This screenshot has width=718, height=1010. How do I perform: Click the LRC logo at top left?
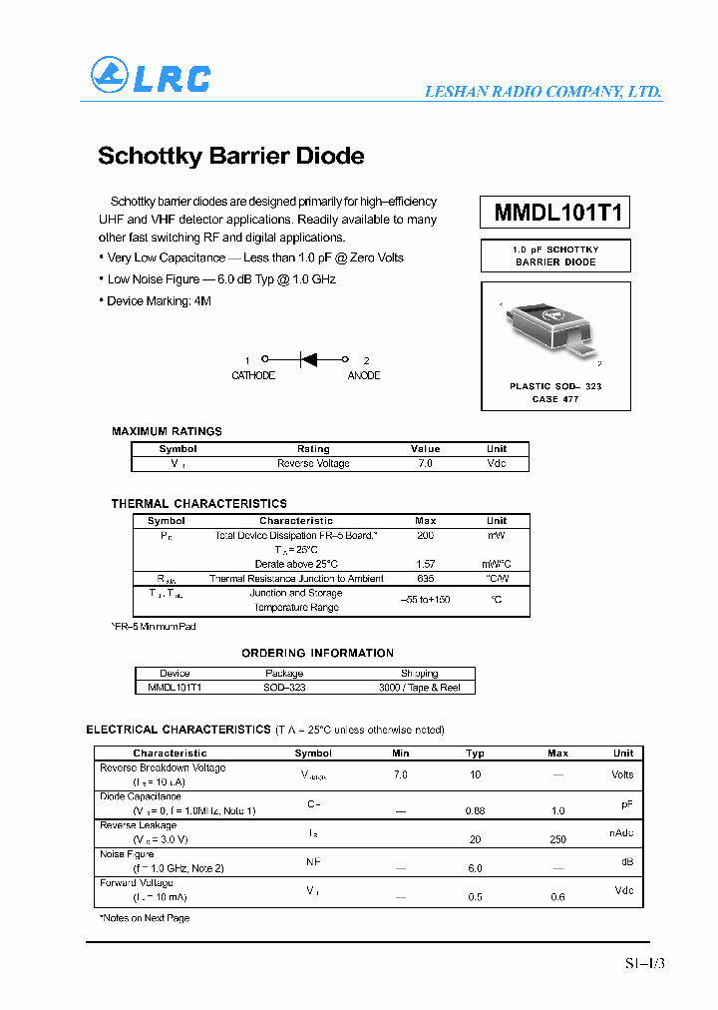coord(151,76)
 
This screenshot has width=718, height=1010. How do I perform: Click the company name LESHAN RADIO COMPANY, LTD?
coord(542,91)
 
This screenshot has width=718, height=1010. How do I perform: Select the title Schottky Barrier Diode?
coord(230,157)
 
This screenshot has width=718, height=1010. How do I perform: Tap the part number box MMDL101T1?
coord(555,214)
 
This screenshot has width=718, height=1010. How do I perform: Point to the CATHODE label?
coord(253,376)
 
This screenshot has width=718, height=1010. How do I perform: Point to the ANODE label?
coord(363,376)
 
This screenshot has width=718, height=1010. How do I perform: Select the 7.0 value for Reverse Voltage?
coord(425,464)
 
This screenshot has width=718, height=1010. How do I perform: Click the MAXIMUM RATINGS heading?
coord(167,431)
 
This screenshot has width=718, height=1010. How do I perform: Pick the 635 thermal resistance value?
coord(425,579)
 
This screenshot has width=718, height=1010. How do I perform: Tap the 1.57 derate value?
coord(425,564)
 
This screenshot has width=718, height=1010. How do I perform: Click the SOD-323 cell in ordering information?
coord(284,688)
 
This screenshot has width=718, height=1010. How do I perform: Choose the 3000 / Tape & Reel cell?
coord(419,688)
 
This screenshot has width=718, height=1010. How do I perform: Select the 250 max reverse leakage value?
coord(557,839)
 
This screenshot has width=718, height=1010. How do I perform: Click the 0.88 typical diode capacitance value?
coord(475,810)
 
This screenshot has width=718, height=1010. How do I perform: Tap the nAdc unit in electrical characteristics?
coord(622,832)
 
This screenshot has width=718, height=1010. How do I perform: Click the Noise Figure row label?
coord(128,854)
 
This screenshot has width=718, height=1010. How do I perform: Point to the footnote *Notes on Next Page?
coord(144,918)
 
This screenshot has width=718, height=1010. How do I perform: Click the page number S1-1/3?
coord(643,963)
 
